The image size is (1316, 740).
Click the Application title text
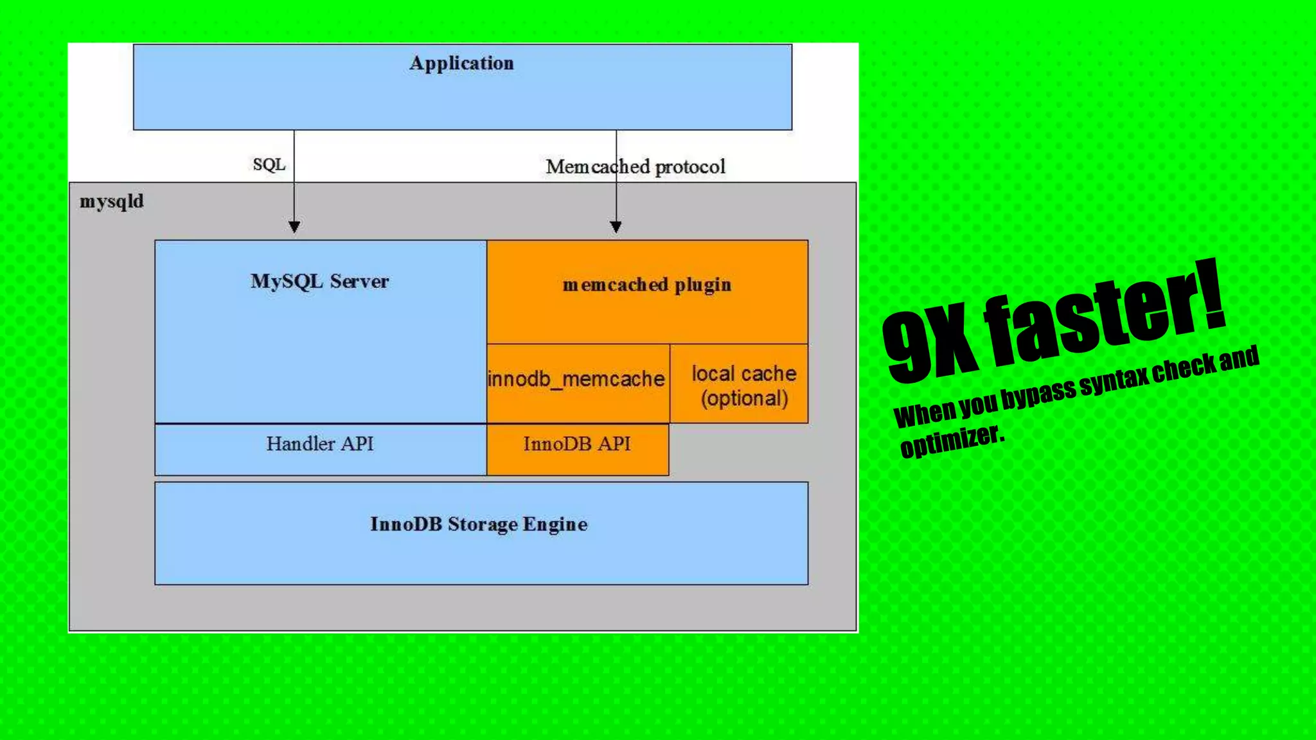(x=461, y=63)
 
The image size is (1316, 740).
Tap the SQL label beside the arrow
(x=269, y=165)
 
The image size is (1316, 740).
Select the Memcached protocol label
(x=635, y=167)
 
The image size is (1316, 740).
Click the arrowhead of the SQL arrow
(x=294, y=226)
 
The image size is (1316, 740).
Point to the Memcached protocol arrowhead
(x=616, y=226)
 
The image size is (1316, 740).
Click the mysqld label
(x=111, y=202)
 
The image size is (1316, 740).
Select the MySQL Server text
(x=319, y=281)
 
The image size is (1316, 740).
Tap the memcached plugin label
(x=646, y=285)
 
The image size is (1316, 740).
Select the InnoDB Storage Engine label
(x=479, y=524)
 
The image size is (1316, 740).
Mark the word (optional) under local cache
(x=744, y=399)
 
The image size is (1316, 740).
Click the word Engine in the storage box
(x=555, y=525)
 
